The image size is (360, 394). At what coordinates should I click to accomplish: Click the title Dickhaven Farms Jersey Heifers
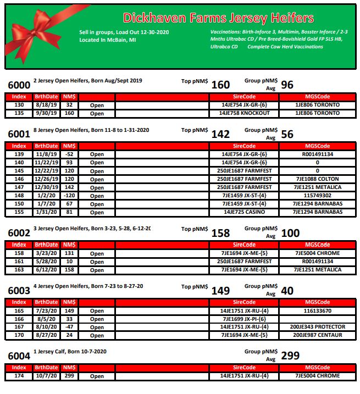pyautogui.click(x=218, y=18)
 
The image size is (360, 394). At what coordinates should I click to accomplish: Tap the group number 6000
pyautogui.click(x=19, y=86)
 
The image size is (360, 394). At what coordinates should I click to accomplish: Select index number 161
pyautogui.click(x=19, y=262)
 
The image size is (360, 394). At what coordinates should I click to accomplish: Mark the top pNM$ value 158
pyautogui.click(x=220, y=233)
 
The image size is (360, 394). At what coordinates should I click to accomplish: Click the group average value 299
pyautogui.click(x=290, y=357)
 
